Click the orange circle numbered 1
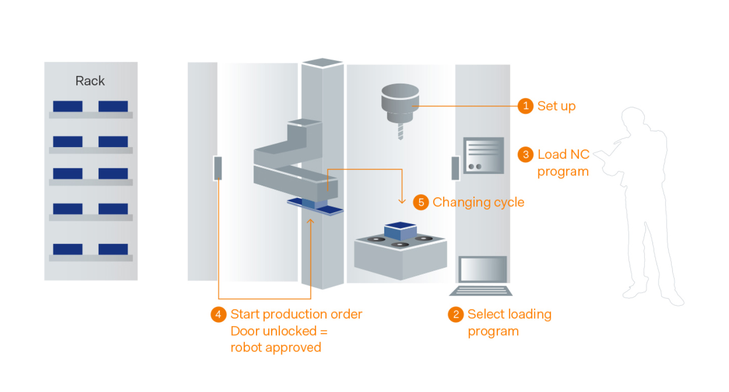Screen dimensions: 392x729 525,106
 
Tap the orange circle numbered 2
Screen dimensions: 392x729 455,314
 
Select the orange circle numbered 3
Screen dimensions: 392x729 525,154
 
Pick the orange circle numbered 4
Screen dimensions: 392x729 218,314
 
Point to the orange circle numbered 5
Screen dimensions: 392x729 421,202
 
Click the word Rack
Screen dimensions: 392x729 90,81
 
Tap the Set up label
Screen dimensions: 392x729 556,106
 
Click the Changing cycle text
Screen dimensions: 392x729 478,202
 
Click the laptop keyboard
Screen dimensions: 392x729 481,291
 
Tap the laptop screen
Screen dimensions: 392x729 483,269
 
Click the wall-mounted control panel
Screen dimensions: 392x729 483,155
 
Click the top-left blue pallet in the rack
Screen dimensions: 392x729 68,106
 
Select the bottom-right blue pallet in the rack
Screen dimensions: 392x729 113,249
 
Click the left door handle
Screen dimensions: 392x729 217,168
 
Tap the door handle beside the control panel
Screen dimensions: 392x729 455,168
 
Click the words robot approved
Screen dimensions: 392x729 276,347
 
